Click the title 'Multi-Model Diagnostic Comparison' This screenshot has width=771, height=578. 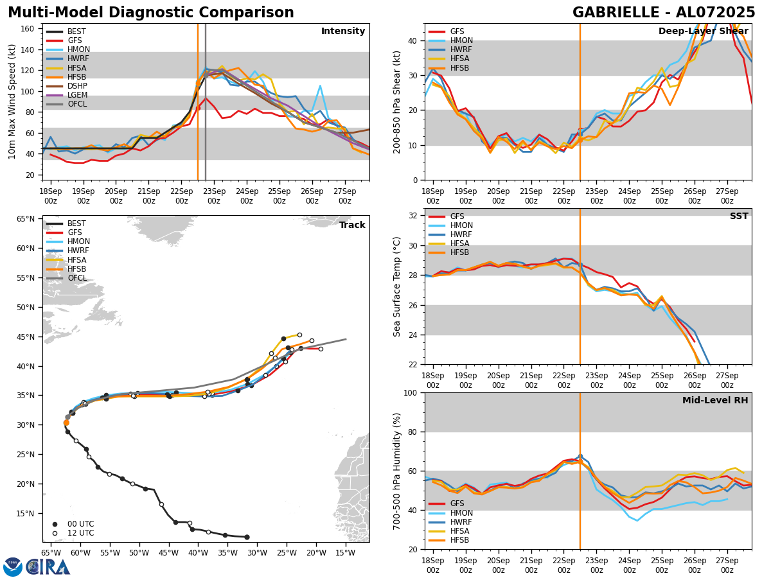pos(151,13)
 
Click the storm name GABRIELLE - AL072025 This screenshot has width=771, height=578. pos(664,13)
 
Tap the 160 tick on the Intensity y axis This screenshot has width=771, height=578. pos(30,29)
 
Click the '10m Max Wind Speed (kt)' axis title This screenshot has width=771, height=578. pos(12,101)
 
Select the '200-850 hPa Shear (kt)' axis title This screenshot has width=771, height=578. pos(397,101)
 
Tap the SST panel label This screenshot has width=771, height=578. pos(739,216)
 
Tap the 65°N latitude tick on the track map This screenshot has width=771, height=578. pos(26,219)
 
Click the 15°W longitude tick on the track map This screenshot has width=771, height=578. pos(346,552)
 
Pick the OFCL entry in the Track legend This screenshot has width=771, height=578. pos(77,278)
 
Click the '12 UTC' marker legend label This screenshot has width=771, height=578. pos(80,533)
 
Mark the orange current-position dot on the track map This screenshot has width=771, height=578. pos(66,423)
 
